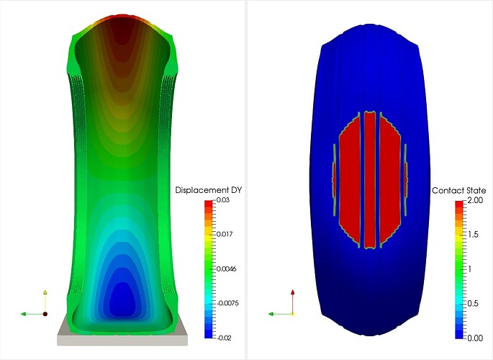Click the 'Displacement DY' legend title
point(208,190)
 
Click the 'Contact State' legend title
point(458,191)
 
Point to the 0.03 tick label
point(223,200)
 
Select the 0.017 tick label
point(225,234)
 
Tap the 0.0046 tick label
point(227,269)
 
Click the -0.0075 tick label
point(227,303)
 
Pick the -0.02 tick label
point(224,338)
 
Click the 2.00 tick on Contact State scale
point(475,200)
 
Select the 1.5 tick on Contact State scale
point(473,235)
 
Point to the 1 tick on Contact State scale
point(470,269)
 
